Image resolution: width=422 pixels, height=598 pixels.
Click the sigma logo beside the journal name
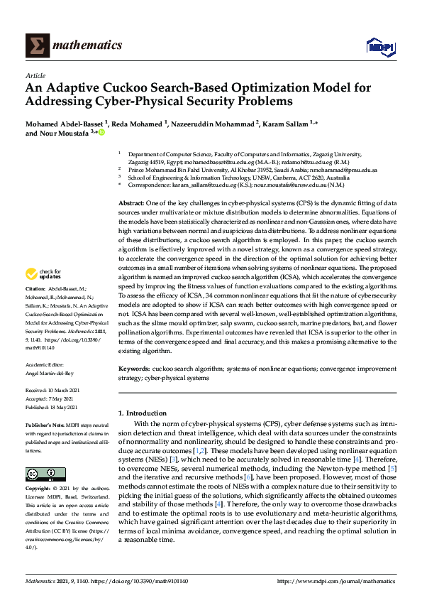coord(38,45)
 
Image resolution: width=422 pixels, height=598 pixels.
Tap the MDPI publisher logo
coord(380,47)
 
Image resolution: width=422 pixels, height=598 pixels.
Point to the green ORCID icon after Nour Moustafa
coord(101,132)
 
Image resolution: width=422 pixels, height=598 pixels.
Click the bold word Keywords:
coord(134,369)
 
